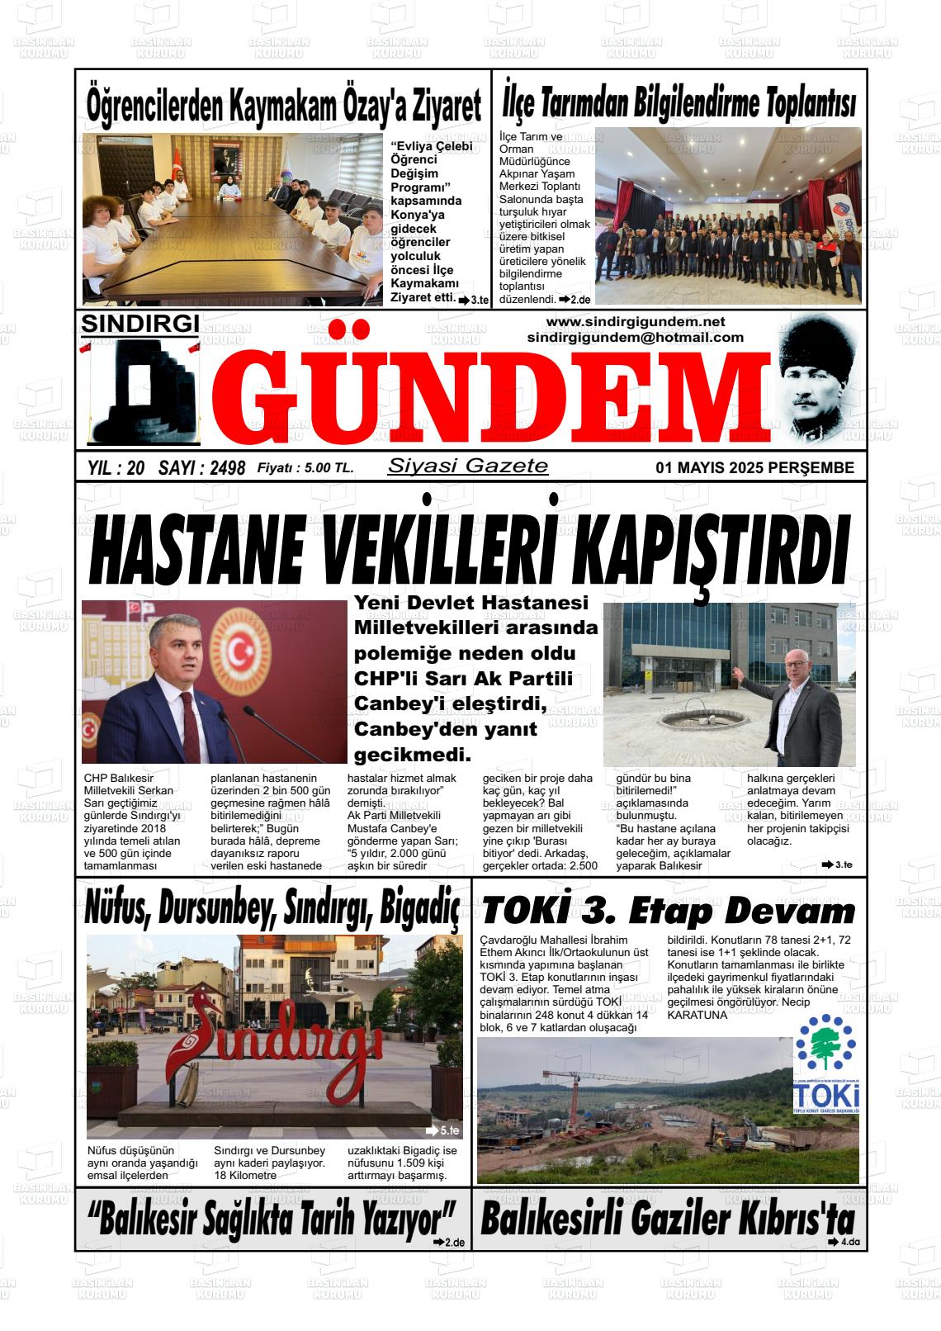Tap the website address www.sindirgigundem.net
coord(635,321)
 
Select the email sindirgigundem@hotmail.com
coord(635,337)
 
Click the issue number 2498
coord(227,468)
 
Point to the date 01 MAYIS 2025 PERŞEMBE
coord(754,467)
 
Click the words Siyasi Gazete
coord(467,466)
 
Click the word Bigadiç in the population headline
coord(419,910)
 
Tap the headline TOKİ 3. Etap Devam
coord(669,911)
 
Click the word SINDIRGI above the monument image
coord(139,324)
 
